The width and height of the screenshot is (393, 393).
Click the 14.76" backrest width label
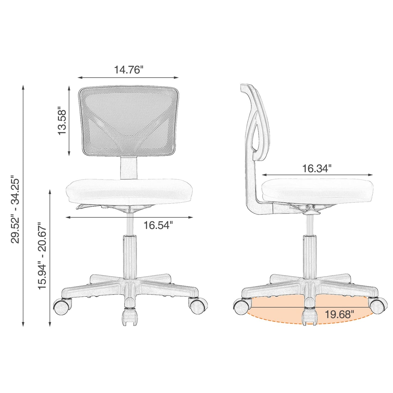click(x=128, y=70)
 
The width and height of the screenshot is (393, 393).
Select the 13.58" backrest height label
click(x=62, y=122)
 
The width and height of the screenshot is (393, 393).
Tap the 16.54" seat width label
click(x=158, y=225)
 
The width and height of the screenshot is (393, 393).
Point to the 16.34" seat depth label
click(x=317, y=169)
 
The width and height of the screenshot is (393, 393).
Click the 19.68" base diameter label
click(x=340, y=314)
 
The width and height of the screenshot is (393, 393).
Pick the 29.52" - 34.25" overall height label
click(x=15, y=211)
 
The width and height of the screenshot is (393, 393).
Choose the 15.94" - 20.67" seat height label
click(x=42, y=256)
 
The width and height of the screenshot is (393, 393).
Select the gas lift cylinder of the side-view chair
click(x=310, y=256)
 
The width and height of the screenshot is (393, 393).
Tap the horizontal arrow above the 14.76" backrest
click(x=128, y=78)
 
